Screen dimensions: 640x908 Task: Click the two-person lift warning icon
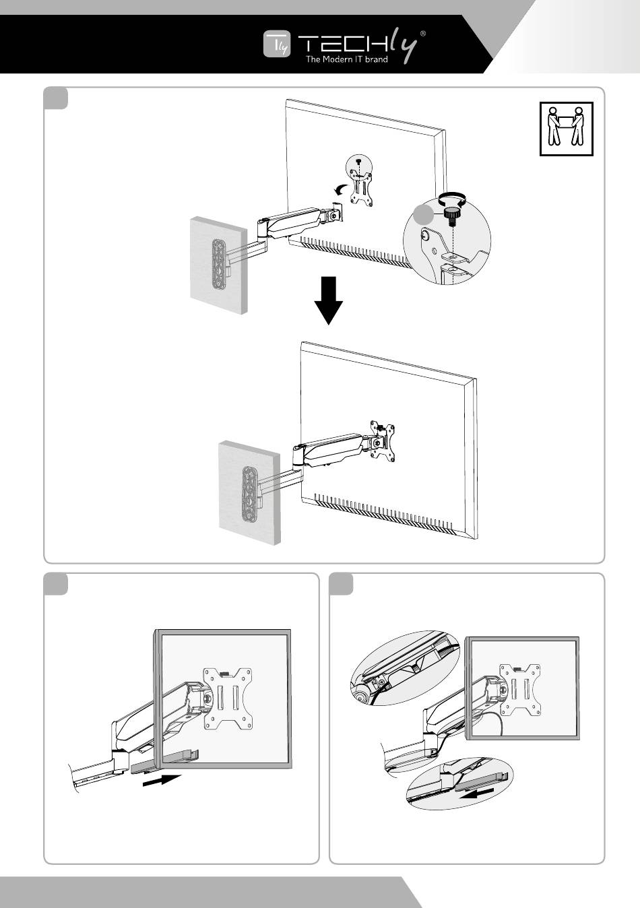point(566,128)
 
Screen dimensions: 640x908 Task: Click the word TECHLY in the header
point(357,44)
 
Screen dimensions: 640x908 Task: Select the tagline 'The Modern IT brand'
point(347,60)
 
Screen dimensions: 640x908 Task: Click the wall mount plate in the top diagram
point(218,263)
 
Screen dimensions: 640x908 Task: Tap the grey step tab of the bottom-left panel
point(56,583)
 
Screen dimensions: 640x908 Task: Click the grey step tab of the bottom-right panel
point(342,583)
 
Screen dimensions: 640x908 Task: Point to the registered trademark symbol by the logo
point(422,34)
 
